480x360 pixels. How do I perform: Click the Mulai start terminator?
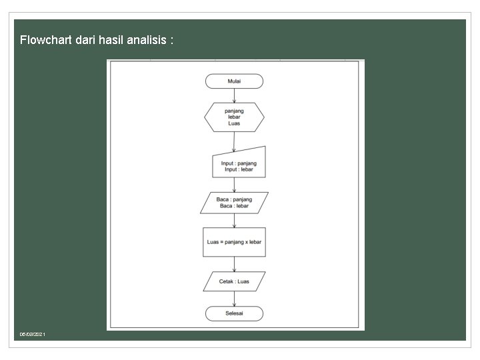click(x=234, y=81)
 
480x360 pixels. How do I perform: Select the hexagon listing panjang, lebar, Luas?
click(x=234, y=117)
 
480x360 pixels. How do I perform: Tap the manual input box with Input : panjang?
click(x=238, y=164)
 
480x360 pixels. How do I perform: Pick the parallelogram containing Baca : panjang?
click(x=234, y=203)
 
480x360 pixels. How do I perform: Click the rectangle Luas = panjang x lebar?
click(x=234, y=242)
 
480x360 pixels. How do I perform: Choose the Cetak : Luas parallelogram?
click(x=234, y=281)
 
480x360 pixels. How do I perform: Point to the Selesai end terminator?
click(x=234, y=313)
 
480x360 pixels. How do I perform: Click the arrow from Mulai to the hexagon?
click(x=234, y=95)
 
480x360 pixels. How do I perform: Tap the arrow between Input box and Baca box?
click(x=234, y=185)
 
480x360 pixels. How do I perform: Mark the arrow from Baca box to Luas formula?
click(x=234, y=221)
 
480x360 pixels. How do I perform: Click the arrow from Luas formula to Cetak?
click(x=234, y=263)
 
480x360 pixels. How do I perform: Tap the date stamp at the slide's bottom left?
click(x=33, y=333)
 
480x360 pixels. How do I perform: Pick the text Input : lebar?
click(x=239, y=169)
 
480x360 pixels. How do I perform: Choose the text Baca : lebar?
click(x=234, y=206)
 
